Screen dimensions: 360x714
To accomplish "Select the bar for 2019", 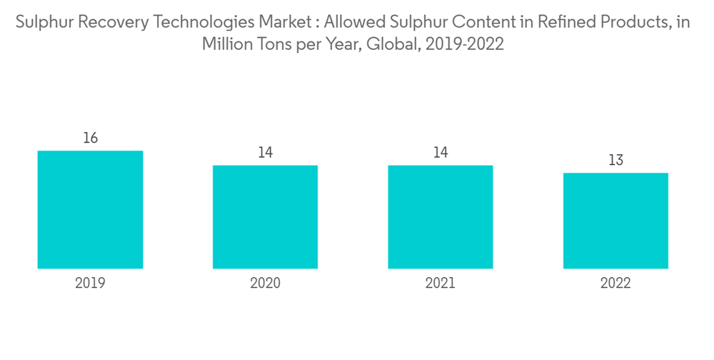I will pos(90,209).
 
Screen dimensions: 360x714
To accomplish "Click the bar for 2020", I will pos(265,216).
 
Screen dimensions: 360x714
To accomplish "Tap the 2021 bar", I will pos(441,216).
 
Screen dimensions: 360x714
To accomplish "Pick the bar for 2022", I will pos(615,220).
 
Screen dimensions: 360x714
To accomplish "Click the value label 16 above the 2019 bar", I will pos(90,138).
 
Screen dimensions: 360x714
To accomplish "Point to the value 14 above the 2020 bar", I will pos(265,152).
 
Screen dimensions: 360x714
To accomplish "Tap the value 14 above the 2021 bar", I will pos(441,152).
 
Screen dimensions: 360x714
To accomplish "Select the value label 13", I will pos(615,160).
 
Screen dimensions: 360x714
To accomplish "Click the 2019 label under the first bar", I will pos(90,284).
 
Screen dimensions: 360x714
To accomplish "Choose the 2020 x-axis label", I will pos(265,284).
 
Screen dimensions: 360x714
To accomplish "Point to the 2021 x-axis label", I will pos(441,284).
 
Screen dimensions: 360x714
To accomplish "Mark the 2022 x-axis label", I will pos(615,284).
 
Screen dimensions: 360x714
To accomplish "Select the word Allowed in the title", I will pos(353,22).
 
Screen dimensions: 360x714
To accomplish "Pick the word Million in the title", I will pos(228,44).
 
